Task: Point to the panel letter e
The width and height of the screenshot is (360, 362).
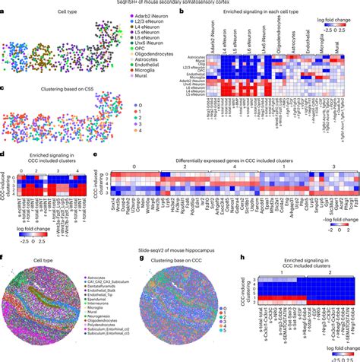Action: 93,152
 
